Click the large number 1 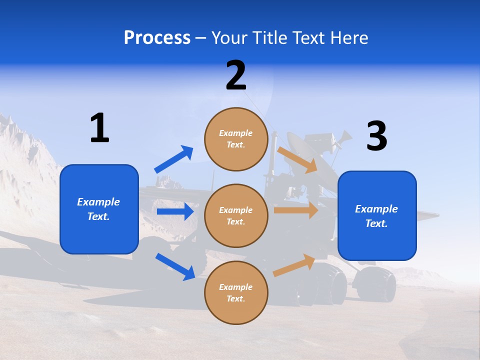tap(99, 128)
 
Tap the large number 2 tap(236, 75)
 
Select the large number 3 tap(376, 136)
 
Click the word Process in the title tap(157, 37)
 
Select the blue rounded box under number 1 tap(99, 209)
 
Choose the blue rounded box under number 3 tap(377, 216)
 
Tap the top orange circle tap(236, 139)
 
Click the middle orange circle tap(236, 216)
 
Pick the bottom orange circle tap(236, 293)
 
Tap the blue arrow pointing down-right tap(175, 266)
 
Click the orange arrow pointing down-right tap(297, 159)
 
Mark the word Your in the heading tap(230, 37)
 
